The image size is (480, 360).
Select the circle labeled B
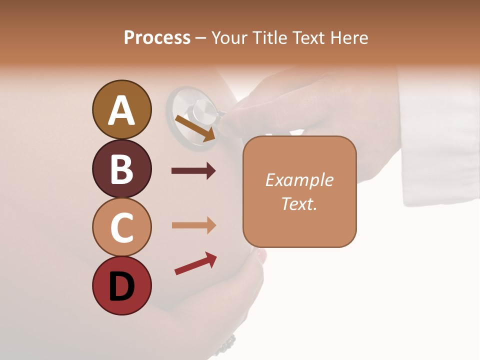click(x=121, y=168)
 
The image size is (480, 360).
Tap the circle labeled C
click(x=121, y=227)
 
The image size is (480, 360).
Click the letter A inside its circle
click(x=121, y=110)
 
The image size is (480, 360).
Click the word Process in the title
click(x=157, y=37)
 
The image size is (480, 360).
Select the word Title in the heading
click(x=269, y=37)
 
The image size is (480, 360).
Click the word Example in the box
click(x=299, y=180)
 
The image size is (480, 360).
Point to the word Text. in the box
click(x=299, y=203)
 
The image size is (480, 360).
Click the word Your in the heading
click(x=229, y=37)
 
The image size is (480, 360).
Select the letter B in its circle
click(x=121, y=169)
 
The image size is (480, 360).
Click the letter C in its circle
click(x=121, y=227)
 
